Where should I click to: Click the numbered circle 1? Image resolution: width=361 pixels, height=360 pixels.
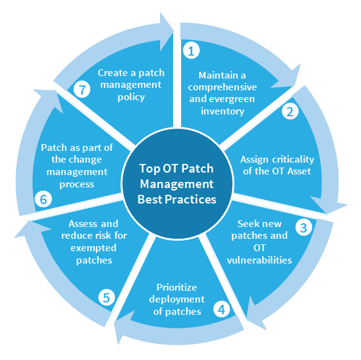(x=192, y=50)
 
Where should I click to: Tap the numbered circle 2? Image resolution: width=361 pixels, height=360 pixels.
(x=290, y=111)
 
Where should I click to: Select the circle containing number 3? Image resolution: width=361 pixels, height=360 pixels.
(x=304, y=228)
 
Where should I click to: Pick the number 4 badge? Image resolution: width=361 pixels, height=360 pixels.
(x=221, y=309)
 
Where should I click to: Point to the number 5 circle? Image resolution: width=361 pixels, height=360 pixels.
(x=106, y=297)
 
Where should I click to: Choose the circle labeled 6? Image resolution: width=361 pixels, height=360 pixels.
(x=43, y=199)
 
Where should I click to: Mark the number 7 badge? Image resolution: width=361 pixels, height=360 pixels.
(x=82, y=89)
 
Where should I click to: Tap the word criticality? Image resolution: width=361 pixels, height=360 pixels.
(x=293, y=160)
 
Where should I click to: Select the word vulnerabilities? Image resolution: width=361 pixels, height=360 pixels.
(x=260, y=260)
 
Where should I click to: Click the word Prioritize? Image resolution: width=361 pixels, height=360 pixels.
(x=177, y=287)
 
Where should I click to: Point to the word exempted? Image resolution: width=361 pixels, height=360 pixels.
(x=93, y=249)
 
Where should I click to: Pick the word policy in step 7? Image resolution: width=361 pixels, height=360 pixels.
(x=131, y=98)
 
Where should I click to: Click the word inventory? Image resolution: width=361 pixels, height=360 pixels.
(x=223, y=111)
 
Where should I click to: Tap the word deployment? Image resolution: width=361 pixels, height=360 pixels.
(x=177, y=299)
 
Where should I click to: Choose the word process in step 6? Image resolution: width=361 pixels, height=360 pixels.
(x=77, y=185)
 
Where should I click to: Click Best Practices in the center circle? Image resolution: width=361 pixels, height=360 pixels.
(x=177, y=199)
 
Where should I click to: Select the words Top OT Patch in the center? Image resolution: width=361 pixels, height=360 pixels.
(x=176, y=169)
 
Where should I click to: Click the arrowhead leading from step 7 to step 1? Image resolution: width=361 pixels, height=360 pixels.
(x=166, y=32)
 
